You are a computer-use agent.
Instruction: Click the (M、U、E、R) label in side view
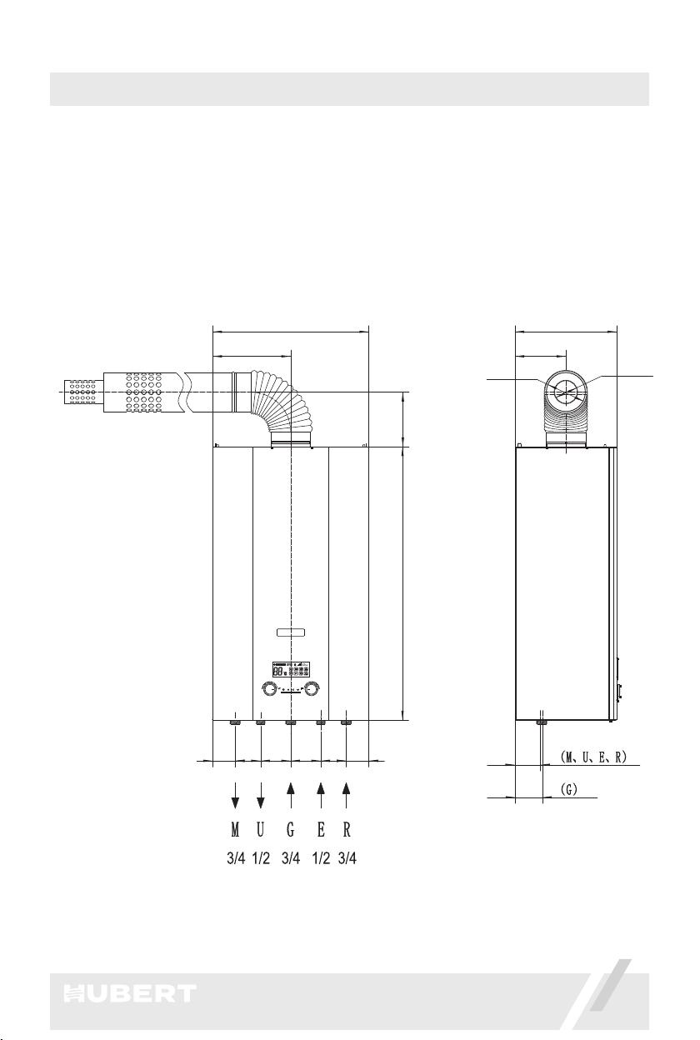(x=593, y=757)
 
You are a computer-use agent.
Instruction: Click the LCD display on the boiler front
(x=291, y=669)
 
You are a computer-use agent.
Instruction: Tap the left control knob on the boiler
(x=267, y=689)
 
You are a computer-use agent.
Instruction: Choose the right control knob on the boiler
(x=312, y=689)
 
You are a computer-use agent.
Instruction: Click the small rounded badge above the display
(x=291, y=632)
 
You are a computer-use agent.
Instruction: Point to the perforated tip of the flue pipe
(x=83, y=392)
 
